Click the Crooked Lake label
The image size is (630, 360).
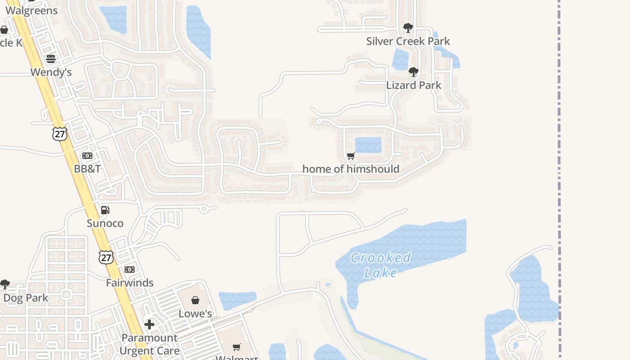tap(381, 265)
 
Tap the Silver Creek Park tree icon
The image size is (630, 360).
tap(408, 28)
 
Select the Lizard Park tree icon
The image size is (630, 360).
tap(414, 72)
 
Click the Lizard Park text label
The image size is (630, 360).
tap(414, 85)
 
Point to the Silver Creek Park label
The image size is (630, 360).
tap(408, 41)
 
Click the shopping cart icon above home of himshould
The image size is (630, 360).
tap(351, 156)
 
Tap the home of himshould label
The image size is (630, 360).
tap(351, 169)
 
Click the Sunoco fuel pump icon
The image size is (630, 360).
tap(105, 210)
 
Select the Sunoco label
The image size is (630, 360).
tap(105, 223)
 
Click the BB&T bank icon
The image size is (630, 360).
tap(87, 156)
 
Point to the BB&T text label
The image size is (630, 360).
tap(87, 169)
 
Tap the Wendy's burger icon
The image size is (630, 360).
tap(51, 59)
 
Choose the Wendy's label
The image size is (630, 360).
tap(51, 72)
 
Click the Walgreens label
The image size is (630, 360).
tap(31, 10)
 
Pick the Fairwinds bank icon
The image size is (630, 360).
tap(130, 270)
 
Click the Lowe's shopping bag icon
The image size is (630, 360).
tap(195, 300)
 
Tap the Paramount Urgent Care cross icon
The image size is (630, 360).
tap(149, 324)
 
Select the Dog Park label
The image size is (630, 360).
tap(26, 298)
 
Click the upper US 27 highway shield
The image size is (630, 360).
tap(59, 134)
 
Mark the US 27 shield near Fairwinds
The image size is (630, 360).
tap(106, 257)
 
